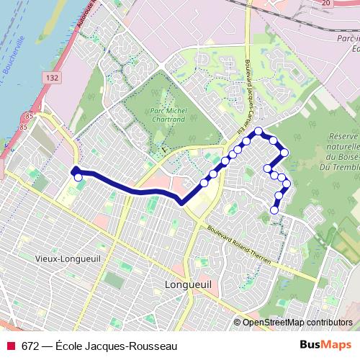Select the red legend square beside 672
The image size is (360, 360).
pos(10,346)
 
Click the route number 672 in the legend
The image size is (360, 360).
pos(31,346)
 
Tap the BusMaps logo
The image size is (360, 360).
pos(321,345)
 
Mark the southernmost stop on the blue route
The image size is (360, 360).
pos(274,210)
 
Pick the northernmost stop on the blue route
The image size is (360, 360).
pos(258,131)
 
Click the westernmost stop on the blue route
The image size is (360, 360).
pos(73,171)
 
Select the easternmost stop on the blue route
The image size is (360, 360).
pos(287,184)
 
